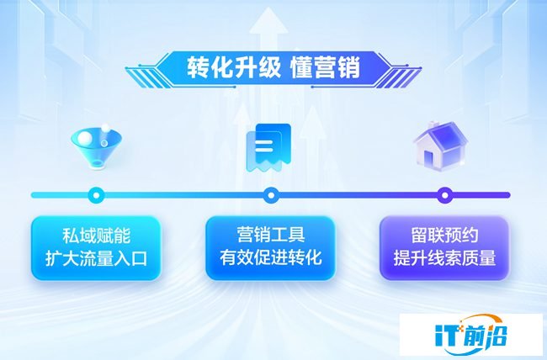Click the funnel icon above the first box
tap(97, 146)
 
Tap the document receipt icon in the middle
tap(268, 147)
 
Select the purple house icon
tap(440, 146)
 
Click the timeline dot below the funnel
tap(96, 194)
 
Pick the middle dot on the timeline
tap(271, 194)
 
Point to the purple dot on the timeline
tap(445, 194)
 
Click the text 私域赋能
tap(96, 236)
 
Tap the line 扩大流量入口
tap(96, 258)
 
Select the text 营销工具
tap(271, 235)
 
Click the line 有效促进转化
tap(271, 257)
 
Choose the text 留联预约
tap(444, 236)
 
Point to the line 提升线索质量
tap(444, 258)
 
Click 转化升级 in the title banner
tap(234, 67)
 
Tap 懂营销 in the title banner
tap(325, 67)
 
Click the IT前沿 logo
tap(471, 334)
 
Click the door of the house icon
tap(428, 158)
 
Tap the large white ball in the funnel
tap(85, 137)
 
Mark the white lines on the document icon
tap(263, 146)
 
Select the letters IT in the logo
tap(449, 336)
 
